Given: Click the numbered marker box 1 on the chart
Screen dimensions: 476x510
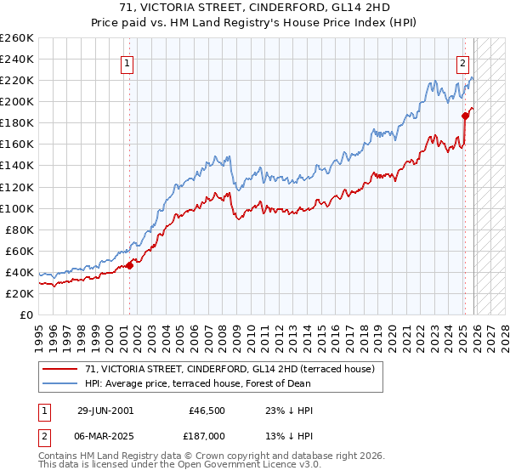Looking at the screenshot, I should click(126, 63).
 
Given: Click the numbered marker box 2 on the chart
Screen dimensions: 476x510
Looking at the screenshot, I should click(463, 63).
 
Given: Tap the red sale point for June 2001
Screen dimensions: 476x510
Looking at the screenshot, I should click(130, 265).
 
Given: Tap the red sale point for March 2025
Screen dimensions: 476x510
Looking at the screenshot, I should click(465, 116).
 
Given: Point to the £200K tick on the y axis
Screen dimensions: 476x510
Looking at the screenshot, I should click(17, 101).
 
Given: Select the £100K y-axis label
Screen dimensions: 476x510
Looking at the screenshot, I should click(17, 208).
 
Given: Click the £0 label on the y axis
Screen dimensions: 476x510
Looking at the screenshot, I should click(26, 314).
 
